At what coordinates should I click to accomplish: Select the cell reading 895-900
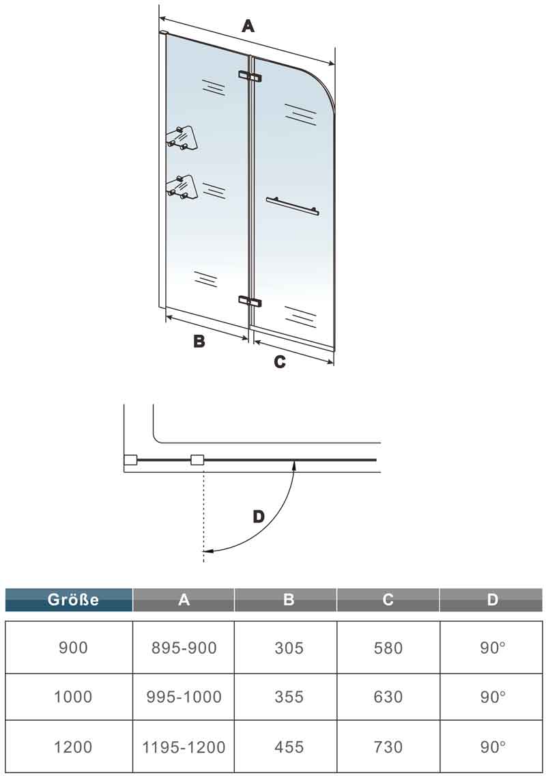point(184,648)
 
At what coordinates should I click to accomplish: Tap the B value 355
point(289,696)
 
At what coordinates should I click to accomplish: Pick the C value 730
point(388,747)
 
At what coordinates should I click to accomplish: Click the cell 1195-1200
point(184,747)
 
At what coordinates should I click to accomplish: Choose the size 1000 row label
point(73,696)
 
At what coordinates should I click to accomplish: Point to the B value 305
point(289,648)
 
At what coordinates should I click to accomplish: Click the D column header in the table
point(491,599)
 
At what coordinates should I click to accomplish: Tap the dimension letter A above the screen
point(248,25)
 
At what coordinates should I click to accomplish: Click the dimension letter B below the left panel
point(199,340)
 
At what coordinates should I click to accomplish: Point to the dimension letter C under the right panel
point(279,362)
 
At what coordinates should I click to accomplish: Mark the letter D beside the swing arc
point(258,516)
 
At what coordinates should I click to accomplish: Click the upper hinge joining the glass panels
point(250,76)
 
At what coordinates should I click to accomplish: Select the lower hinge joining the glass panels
point(250,301)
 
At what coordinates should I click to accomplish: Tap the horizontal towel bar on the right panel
point(292,206)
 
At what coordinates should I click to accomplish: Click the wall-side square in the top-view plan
point(130,460)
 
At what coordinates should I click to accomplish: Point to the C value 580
point(388,648)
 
